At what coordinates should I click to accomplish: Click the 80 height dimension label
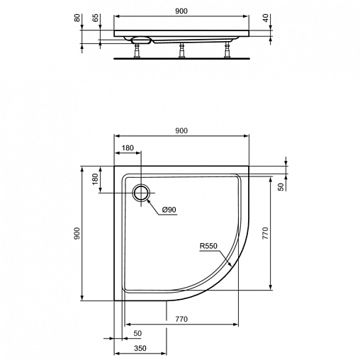coord(77,18)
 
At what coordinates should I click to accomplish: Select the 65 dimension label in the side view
coord(95,18)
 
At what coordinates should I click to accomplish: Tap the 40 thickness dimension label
coord(266,18)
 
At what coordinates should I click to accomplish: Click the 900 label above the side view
coord(181,11)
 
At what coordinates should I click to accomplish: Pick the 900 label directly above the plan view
coord(181,130)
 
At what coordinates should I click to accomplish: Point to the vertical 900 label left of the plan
coord(77,233)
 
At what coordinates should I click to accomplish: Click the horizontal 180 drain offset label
coord(128,148)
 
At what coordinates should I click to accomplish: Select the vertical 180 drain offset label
coord(95,179)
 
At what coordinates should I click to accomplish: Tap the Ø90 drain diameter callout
coord(169,210)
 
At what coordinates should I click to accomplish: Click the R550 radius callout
coord(208,246)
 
